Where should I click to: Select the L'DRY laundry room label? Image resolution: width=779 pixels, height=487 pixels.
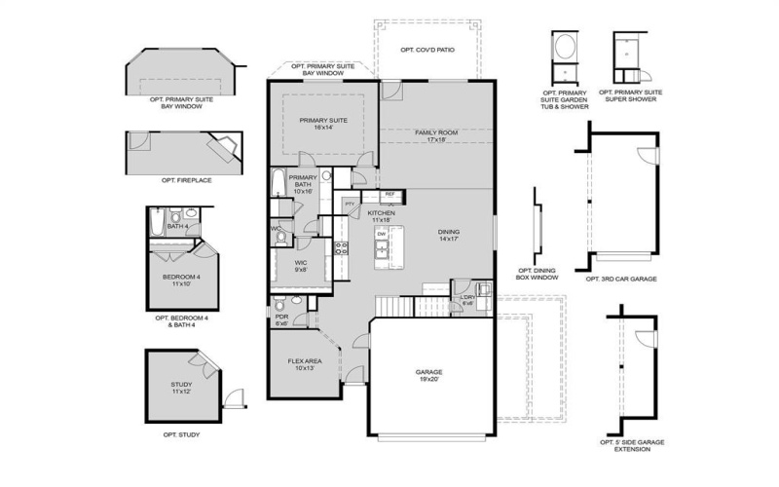(467, 299)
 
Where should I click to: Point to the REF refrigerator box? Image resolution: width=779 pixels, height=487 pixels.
(389, 195)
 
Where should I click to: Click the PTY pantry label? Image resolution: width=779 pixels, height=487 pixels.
(351, 204)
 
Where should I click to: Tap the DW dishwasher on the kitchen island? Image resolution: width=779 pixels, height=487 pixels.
(382, 235)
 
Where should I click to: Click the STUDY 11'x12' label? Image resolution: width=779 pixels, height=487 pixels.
(181, 389)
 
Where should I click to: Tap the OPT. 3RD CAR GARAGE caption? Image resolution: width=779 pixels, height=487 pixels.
(621, 279)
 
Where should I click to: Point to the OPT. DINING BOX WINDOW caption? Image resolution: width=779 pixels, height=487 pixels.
(538, 275)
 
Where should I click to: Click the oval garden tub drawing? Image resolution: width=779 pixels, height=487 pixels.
(563, 47)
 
